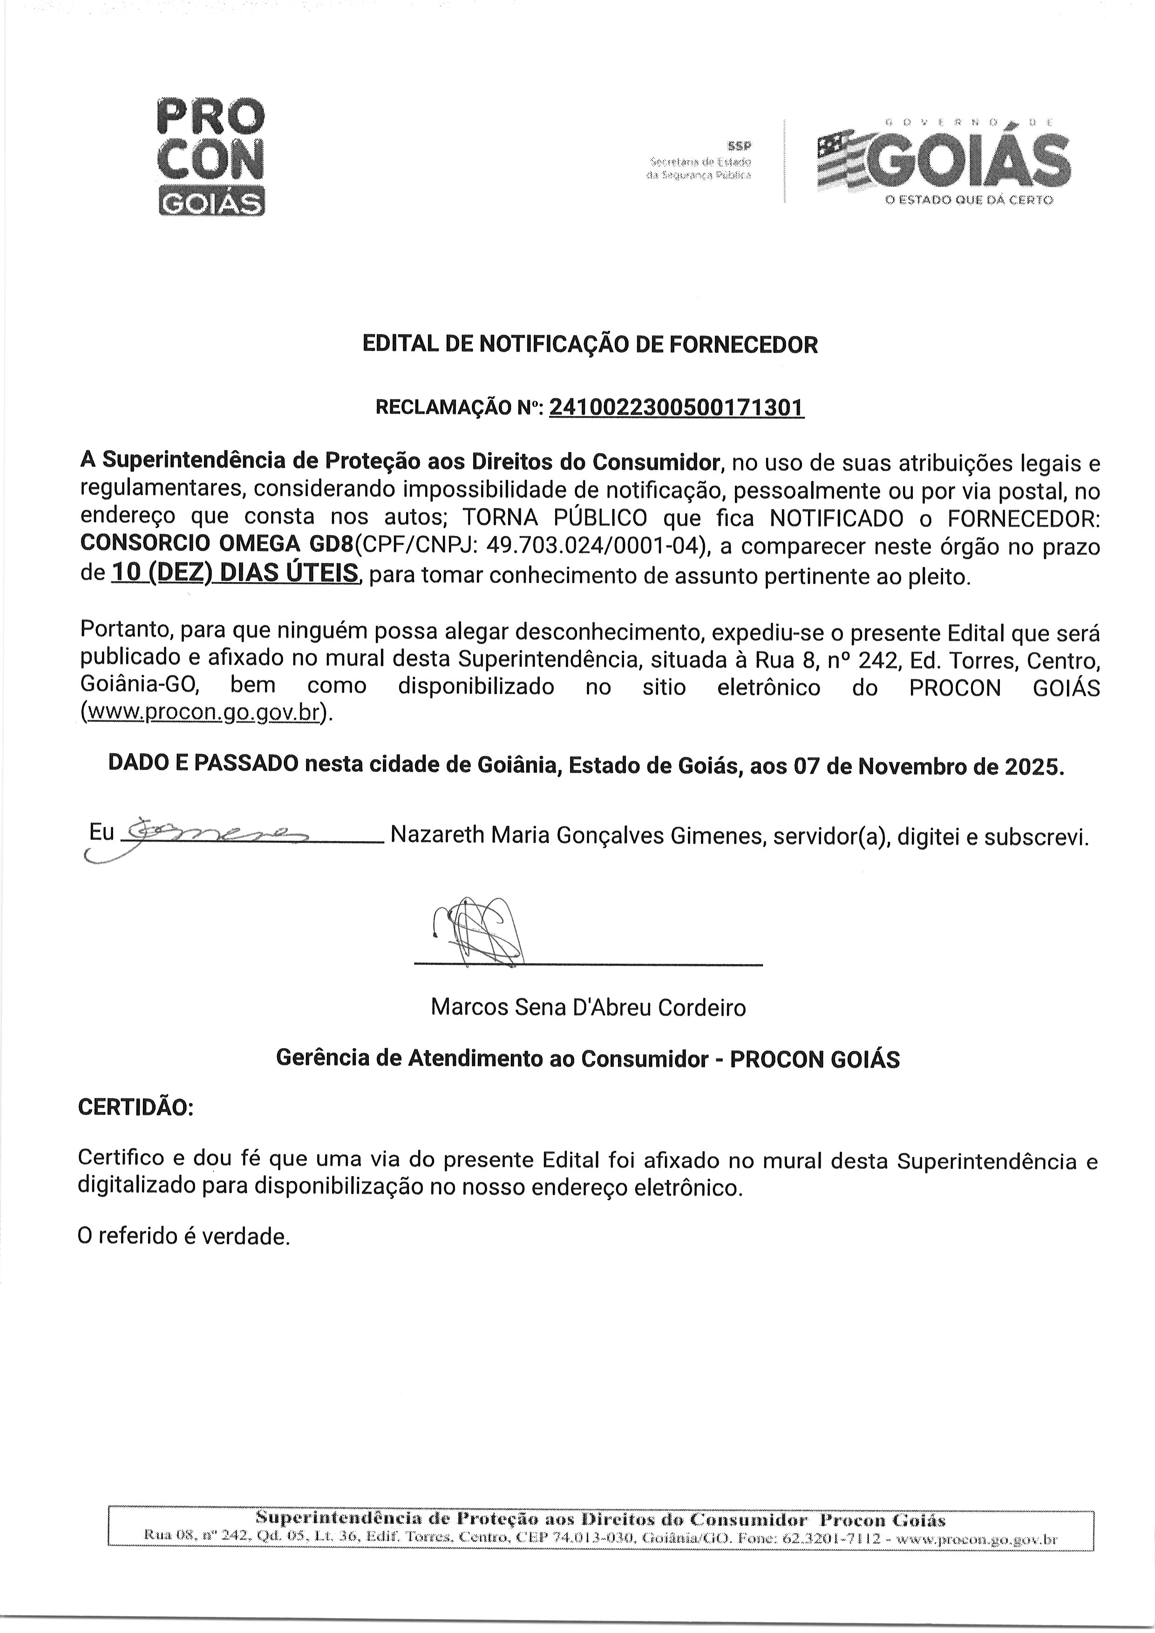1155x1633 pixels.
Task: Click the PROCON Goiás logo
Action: [210, 157]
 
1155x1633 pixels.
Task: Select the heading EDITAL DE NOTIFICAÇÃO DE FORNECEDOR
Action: [590, 345]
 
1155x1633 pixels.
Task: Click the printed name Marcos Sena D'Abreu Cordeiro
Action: [588, 1007]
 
